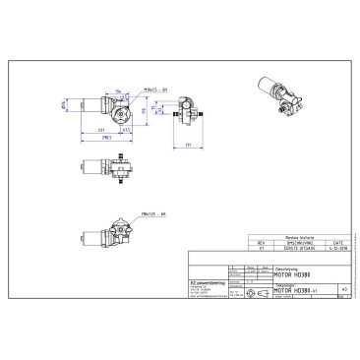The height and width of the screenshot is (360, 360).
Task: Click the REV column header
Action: [261, 243]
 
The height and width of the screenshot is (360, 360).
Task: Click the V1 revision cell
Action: [261, 250]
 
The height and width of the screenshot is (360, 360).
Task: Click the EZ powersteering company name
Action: [208, 280]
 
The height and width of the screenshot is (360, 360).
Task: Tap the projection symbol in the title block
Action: [254, 291]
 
